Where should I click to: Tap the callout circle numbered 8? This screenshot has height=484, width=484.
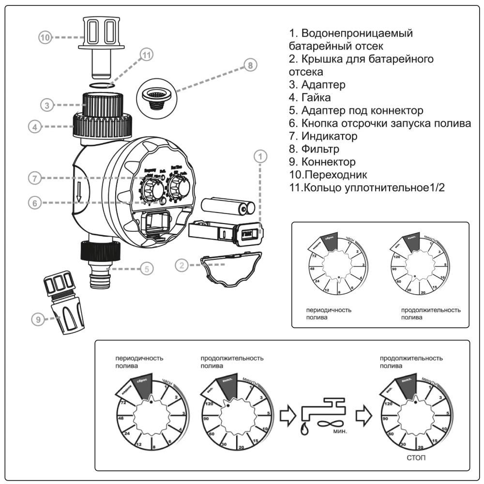(250, 65)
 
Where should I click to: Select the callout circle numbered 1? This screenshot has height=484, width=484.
(261, 156)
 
